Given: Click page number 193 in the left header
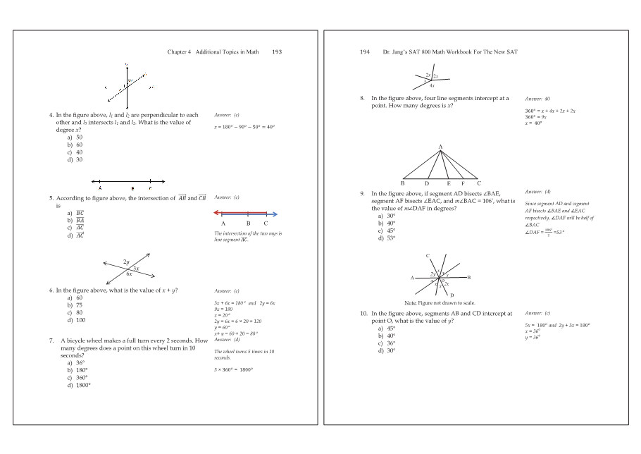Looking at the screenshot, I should pos(277,52).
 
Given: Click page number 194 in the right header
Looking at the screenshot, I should pos(364,52).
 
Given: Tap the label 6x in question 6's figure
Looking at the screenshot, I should pos(129,274).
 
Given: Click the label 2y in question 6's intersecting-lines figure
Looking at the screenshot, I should pos(127,262).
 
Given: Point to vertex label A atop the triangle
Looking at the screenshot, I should pos(440,147).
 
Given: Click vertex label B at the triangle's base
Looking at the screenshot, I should pos(402,183).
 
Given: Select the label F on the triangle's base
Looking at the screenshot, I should pos(462,183).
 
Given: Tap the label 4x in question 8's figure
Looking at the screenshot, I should pos(432,85).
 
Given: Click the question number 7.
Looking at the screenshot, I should pos(51,340).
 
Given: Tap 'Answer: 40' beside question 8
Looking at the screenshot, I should pos(537,99).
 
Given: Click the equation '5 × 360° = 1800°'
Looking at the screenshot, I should pos(233,369).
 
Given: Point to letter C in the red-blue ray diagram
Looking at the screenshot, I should pos(266,223).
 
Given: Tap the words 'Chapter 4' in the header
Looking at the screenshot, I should pos(180,52).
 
